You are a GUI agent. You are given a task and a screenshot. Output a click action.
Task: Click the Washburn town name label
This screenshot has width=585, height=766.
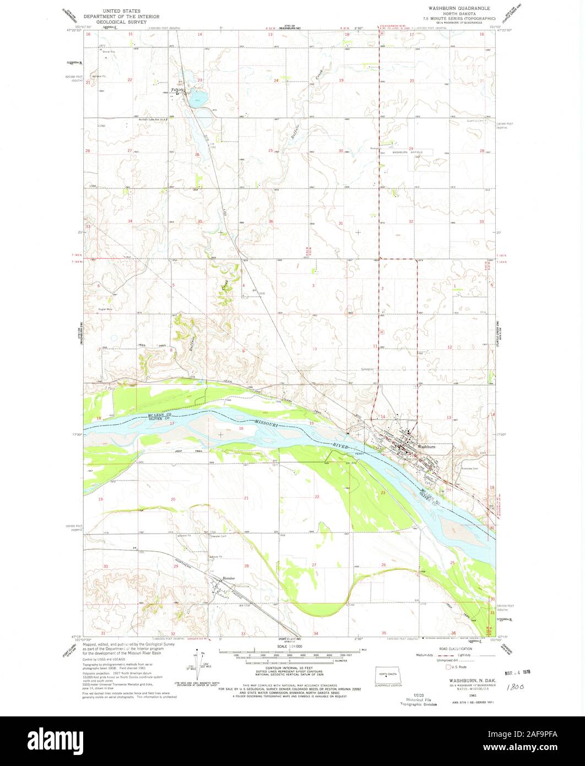pyautogui.click(x=426, y=446)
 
